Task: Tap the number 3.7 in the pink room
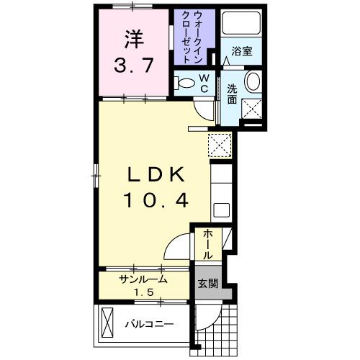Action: pos(133,67)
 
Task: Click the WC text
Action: pos(204,83)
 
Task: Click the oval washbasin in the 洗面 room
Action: pos(253,82)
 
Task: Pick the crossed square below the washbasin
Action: pos(253,109)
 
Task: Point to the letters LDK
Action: pos(158,174)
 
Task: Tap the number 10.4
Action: pos(158,201)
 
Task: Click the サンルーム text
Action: pos(143,279)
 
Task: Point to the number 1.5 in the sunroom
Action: pos(143,292)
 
